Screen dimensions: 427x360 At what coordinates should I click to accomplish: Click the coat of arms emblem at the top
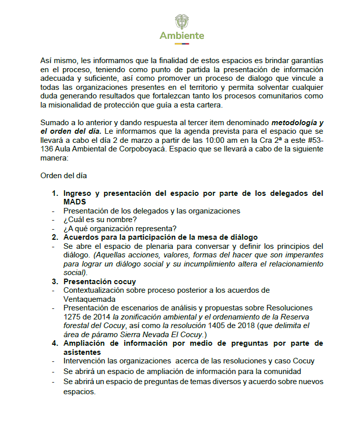point(182,22)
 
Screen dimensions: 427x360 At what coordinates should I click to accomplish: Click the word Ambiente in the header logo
point(182,36)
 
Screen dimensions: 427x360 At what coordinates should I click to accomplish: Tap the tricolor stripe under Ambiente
point(182,43)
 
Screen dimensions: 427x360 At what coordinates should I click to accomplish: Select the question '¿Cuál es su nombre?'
point(100,219)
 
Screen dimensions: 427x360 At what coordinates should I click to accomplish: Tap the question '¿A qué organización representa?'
point(120,228)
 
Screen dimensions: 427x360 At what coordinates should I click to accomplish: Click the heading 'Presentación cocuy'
point(99,281)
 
